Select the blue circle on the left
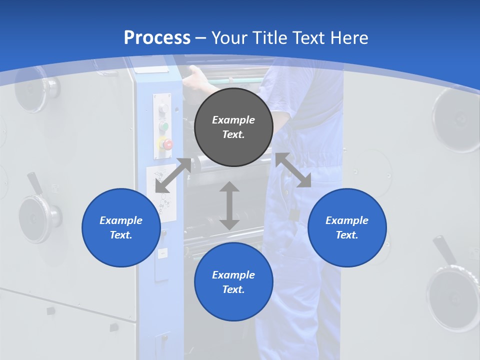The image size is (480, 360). click(121, 227)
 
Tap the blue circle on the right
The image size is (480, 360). click(347, 227)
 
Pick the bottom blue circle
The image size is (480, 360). click(233, 282)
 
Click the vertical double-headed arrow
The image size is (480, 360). click(229, 205)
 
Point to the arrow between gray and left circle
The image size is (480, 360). click(173, 175)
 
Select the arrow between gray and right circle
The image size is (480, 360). click(293, 169)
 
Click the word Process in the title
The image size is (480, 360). click(157, 37)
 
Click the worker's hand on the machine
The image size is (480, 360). click(195, 77)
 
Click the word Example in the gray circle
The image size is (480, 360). click(233, 120)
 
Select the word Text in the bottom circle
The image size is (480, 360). click(232, 289)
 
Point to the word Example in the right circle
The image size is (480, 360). click(347, 220)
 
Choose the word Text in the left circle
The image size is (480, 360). click(120, 235)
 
